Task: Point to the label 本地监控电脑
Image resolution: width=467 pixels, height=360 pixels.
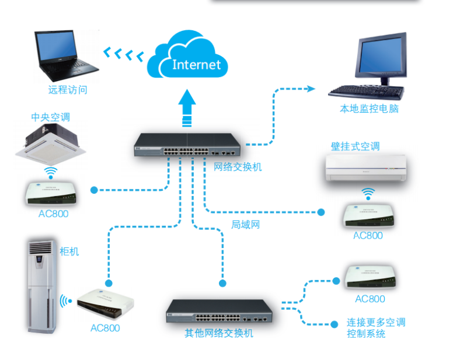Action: pyautogui.click(x=370, y=109)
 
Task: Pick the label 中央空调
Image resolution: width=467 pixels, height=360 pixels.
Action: pyautogui.click(x=50, y=117)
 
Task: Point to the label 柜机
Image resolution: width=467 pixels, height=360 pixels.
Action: pyautogui.click(x=69, y=251)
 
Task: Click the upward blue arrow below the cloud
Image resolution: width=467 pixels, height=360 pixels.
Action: pyautogui.click(x=187, y=107)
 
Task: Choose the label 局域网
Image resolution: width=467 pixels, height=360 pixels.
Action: pyautogui.click(x=245, y=224)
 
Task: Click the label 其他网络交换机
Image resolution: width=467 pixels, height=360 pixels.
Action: pyautogui.click(x=219, y=333)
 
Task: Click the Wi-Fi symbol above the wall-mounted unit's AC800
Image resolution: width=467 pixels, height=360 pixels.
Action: pyautogui.click(x=367, y=193)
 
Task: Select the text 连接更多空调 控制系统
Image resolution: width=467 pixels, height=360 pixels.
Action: pyautogui.click(x=375, y=328)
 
